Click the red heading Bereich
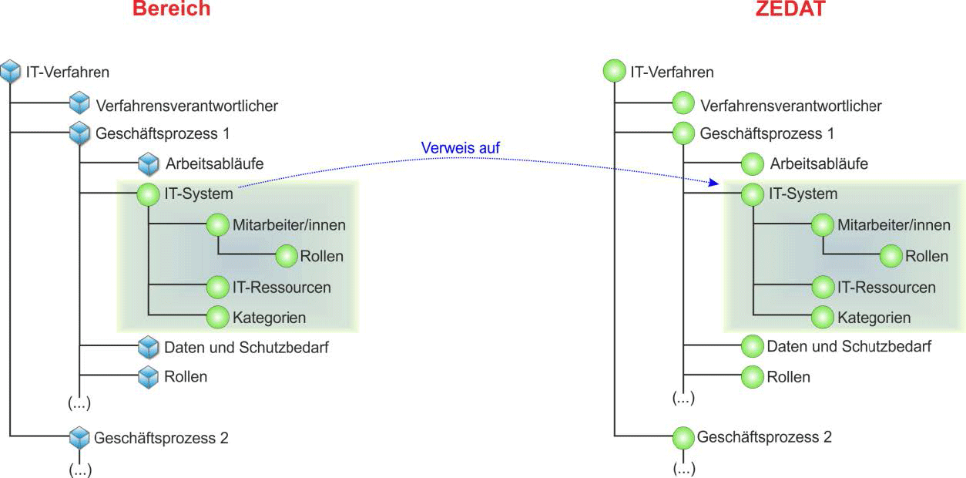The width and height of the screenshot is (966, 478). point(171,9)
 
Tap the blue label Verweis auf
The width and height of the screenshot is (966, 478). point(455,147)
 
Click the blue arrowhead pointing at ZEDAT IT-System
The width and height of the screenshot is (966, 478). point(713,183)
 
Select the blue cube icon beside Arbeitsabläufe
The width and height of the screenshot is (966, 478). point(148,163)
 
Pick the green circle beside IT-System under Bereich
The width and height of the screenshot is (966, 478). point(147,194)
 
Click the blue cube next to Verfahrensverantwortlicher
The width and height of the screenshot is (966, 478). point(79,104)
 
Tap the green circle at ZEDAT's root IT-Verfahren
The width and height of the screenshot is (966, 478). point(615,72)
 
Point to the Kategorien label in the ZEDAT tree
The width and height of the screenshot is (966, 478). point(874,317)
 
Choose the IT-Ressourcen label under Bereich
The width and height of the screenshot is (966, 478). point(281,288)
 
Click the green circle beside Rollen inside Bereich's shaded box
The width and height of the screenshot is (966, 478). point(287,256)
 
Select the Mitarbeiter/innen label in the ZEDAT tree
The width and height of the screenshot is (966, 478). point(894,226)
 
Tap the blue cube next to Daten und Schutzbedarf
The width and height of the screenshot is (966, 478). point(148,348)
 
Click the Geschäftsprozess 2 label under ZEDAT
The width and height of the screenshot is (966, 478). point(764,437)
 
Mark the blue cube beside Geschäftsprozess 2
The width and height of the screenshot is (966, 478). point(79,438)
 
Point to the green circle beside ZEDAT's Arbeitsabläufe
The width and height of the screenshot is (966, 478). point(753,163)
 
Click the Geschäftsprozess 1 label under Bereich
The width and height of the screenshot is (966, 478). point(163,133)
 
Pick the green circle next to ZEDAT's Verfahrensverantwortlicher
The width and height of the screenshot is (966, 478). point(683,104)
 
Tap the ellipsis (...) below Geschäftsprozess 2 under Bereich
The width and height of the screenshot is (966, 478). point(80,469)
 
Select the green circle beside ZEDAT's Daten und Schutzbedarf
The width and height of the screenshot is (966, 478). point(752,347)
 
